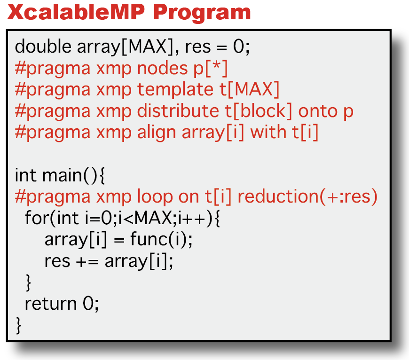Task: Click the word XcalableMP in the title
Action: click(76, 12)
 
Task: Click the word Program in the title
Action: click(202, 14)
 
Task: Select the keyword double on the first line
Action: click(43, 47)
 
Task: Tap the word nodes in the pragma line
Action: click(162, 68)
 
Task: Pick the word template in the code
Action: click(175, 90)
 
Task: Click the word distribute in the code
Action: click(178, 111)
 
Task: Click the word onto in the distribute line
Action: click(318, 111)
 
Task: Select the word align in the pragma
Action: click(157, 133)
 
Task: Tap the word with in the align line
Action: click(268, 132)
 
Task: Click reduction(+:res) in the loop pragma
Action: click(307, 197)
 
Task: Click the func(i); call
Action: click(161, 239)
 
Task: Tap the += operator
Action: click(87, 261)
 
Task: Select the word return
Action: click(51, 304)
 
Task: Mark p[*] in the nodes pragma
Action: click(210, 69)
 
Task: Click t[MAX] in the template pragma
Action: click(249, 90)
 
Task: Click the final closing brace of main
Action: click(18, 326)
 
